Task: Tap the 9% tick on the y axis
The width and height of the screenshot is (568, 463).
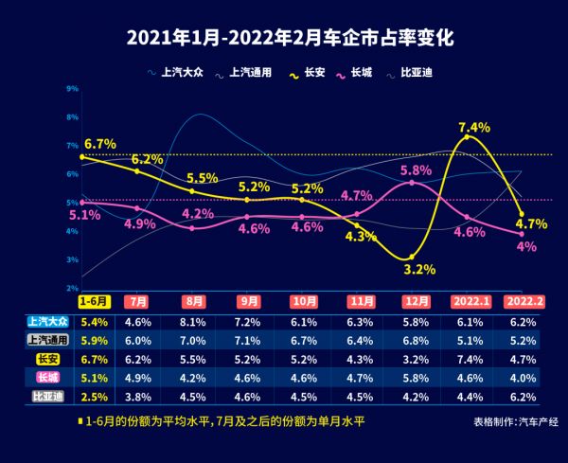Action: [x=73, y=89]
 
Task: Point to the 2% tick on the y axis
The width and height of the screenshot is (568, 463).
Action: [x=73, y=288]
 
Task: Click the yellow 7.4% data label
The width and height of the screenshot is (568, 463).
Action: [x=473, y=127]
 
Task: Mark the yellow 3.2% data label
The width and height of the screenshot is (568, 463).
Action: [x=419, y=269]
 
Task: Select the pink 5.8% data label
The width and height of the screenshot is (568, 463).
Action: [x=417, y=170]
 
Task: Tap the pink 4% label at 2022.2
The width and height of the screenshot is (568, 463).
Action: [x=526, y=246]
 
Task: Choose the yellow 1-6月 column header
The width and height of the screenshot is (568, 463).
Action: [x=95, y=301]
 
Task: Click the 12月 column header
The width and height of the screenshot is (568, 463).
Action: [x=417, y=301]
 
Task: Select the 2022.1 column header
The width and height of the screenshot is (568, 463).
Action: [x=471, y=301]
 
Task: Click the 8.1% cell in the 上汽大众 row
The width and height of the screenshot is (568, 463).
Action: [x=194, y=322]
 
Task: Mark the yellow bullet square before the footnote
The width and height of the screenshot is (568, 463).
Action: [x=79, y=420]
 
